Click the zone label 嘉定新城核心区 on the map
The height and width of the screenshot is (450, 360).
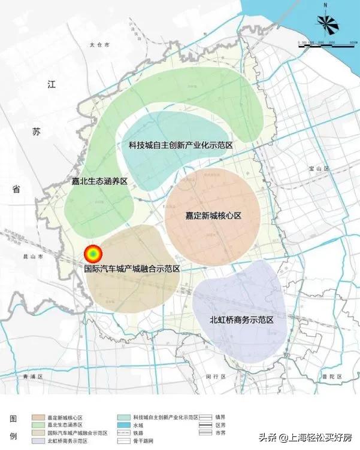[x=214, y=215]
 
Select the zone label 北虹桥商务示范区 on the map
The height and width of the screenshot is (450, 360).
[x=242, y=321]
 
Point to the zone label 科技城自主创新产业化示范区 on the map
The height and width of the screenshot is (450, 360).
[x=180, y=145]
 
